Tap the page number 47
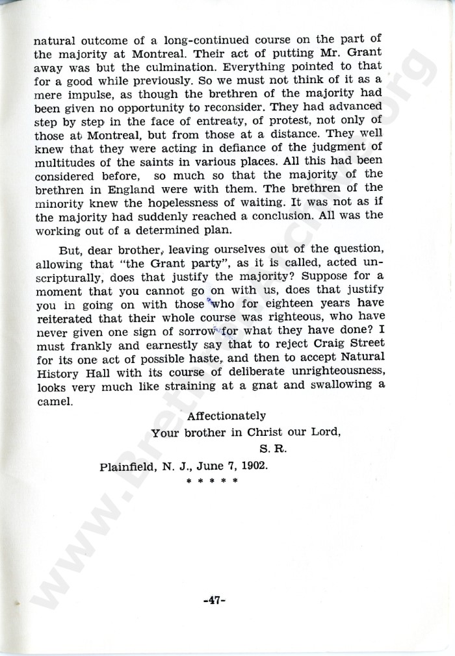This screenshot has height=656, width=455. (214, 600)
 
